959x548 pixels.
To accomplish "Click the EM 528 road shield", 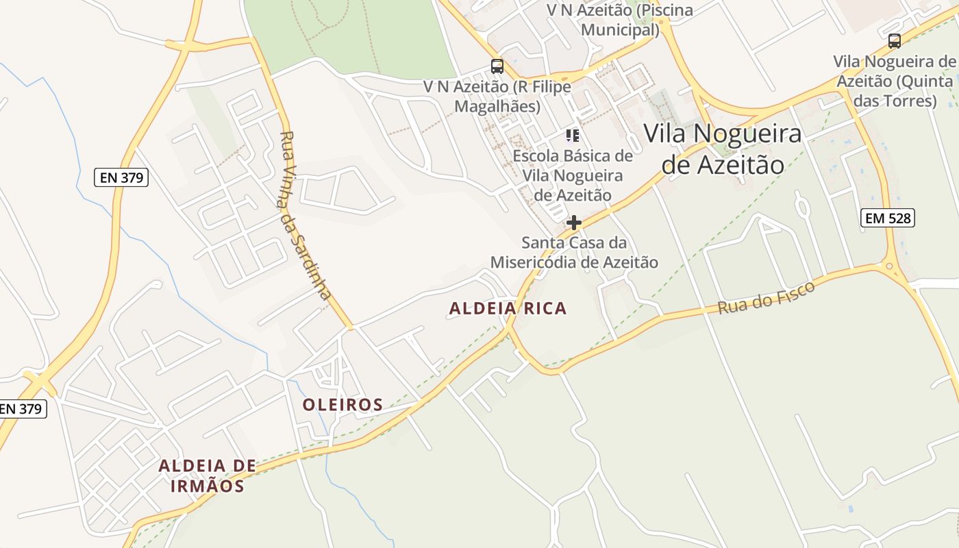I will point(888,219).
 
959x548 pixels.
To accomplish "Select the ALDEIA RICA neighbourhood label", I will point(508,308).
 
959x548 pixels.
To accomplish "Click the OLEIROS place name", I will point(342,405).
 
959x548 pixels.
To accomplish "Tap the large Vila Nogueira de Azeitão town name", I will point(722,149).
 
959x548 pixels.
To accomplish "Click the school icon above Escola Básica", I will point(573,135).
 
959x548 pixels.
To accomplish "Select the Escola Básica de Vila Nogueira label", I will point(573,175).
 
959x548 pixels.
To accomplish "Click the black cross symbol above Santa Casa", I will point(574,223).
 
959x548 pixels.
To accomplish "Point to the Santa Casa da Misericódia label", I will point(574,252).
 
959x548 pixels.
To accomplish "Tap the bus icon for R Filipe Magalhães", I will point(497,66).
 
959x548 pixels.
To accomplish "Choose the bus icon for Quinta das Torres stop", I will point(894,40).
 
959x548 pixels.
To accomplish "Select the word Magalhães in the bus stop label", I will point(497,106).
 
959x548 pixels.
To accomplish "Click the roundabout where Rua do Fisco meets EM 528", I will point(890,266).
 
